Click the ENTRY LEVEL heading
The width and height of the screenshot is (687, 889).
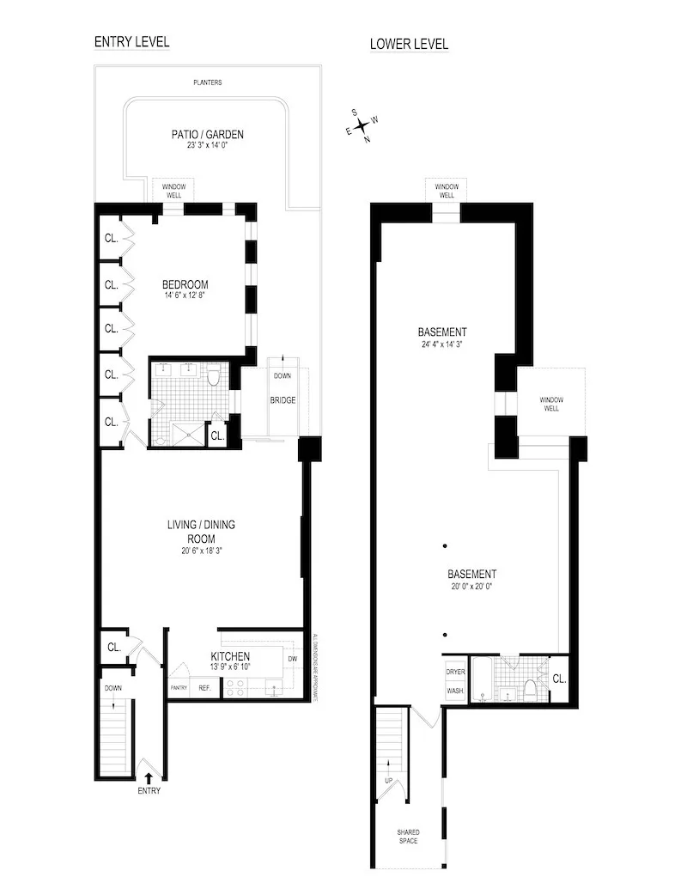[x=131, y=41]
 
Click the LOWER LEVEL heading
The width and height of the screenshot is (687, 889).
[x=409, y=44]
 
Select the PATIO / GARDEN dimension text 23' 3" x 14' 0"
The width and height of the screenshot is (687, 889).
[x=206, y=145]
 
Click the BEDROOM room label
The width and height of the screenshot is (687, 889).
[x=185, y=285]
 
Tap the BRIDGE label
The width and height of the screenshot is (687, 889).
[x=283, y=400]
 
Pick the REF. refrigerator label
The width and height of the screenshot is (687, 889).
[x=205, y=688]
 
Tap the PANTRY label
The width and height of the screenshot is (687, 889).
[x=179, y=688]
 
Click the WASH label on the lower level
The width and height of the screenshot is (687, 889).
[x=454, y=690]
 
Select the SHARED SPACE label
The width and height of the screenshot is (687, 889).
[x=408, y=837]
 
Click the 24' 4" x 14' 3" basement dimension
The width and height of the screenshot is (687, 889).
[x=442, y=344]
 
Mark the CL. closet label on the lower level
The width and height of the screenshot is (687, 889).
[x=559, y=679]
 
